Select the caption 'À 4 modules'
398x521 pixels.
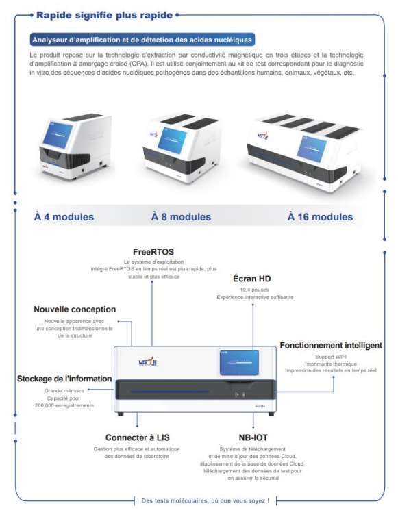point(64,217)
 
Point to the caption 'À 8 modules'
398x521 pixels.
point(181,217)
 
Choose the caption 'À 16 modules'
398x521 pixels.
point(320,217)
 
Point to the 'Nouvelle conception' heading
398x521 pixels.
point(75,309)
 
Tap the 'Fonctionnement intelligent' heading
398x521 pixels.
point(331,346)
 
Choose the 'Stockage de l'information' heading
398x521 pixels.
point(64,379)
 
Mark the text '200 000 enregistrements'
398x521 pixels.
point(64,406)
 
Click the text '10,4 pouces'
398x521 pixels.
point(253,290)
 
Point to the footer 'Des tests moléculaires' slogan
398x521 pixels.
point(205,500)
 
